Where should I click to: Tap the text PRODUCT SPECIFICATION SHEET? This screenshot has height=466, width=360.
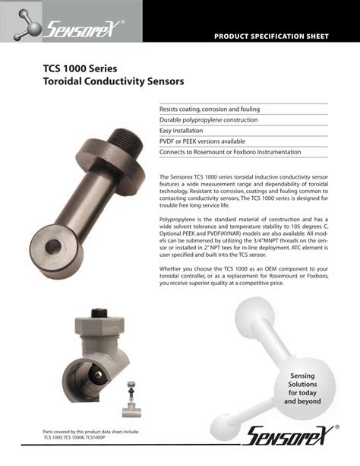tap(270, 36)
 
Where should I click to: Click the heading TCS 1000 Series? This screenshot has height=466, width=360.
tap(80, 68)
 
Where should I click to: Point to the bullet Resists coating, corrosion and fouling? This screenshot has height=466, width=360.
tap(210, 109)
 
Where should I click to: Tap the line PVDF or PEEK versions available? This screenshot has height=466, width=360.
tap(202, 141)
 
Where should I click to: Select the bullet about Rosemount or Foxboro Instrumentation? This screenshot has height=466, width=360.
tap(230, 152)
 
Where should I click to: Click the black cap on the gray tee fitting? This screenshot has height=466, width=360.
tap(99, 313)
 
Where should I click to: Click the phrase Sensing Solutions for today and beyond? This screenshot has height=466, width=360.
tap(302, 389)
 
